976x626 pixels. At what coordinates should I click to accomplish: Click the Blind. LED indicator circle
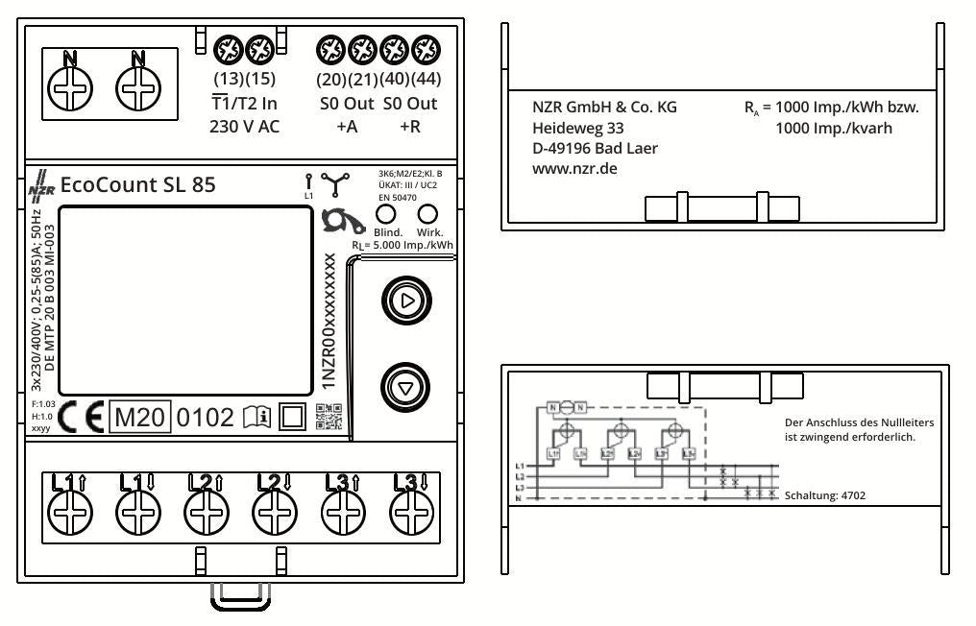(385, 213)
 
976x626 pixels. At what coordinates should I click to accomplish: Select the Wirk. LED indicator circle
(429, 213)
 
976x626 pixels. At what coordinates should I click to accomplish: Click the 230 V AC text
(244, 127)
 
